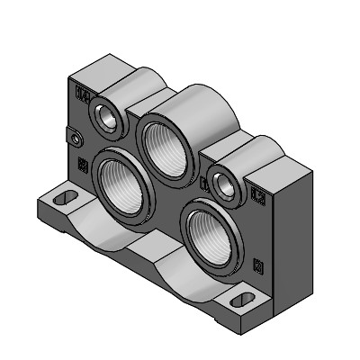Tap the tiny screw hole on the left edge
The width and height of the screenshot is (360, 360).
point(76,139)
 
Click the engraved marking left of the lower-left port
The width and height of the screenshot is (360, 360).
point(83,163)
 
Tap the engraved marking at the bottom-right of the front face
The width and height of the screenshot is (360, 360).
point(259,264)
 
